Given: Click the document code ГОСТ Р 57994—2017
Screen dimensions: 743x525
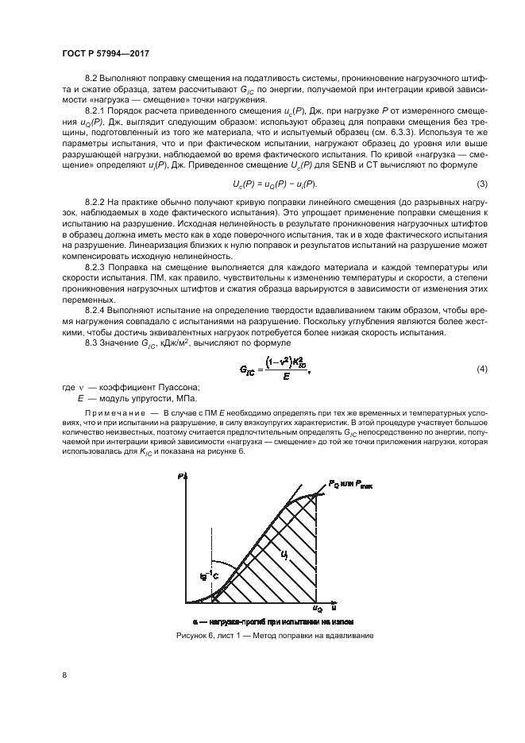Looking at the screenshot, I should click(x=106, y=52).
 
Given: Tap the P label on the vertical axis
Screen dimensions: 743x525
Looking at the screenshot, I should click(x=181, y=476).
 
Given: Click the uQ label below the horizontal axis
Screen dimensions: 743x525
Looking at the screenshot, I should click(x=318, y=609).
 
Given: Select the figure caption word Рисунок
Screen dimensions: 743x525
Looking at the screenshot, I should click(x=195, y=636).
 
